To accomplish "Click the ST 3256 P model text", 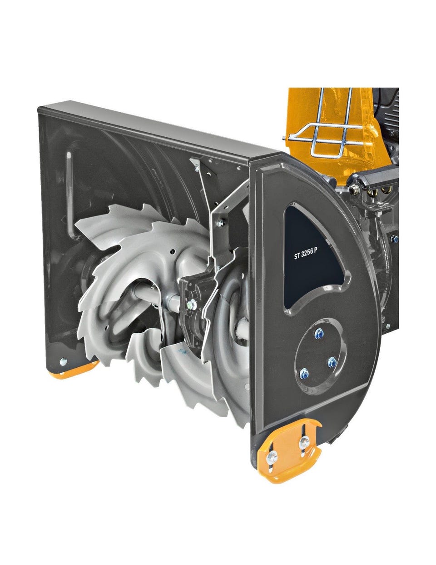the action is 306,255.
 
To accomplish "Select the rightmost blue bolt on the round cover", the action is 332,362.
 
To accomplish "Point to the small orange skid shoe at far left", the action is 74,371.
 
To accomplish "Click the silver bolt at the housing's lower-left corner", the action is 63,361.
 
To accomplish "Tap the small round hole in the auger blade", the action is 172,251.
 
